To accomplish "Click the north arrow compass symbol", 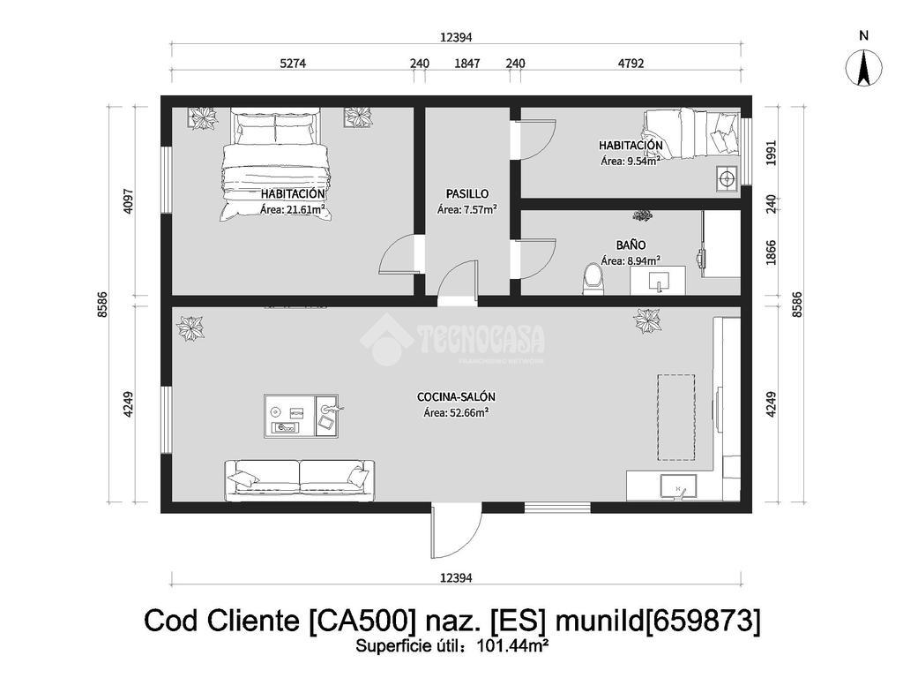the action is coord(864,68).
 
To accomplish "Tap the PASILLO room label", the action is coord(467,194).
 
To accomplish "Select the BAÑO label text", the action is coord(631,245).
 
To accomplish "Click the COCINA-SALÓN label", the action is coord(456,396).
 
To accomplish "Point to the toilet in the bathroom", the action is coord(592,279).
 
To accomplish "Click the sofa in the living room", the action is coord(299,479).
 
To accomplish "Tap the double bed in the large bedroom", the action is coord(275,165).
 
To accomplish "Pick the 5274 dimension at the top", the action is coord(293,63).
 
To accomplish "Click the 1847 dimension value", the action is coord(467,63).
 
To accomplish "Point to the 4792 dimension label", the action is coord(631,63).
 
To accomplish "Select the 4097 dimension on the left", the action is coord(128,201).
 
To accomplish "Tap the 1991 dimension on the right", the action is coord(772,153).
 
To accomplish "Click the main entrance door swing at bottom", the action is coord(455,533).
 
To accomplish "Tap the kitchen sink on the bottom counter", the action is coord(678,486).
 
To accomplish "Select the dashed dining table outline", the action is coord(676,417).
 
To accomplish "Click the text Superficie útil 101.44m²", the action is coord(451,646).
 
